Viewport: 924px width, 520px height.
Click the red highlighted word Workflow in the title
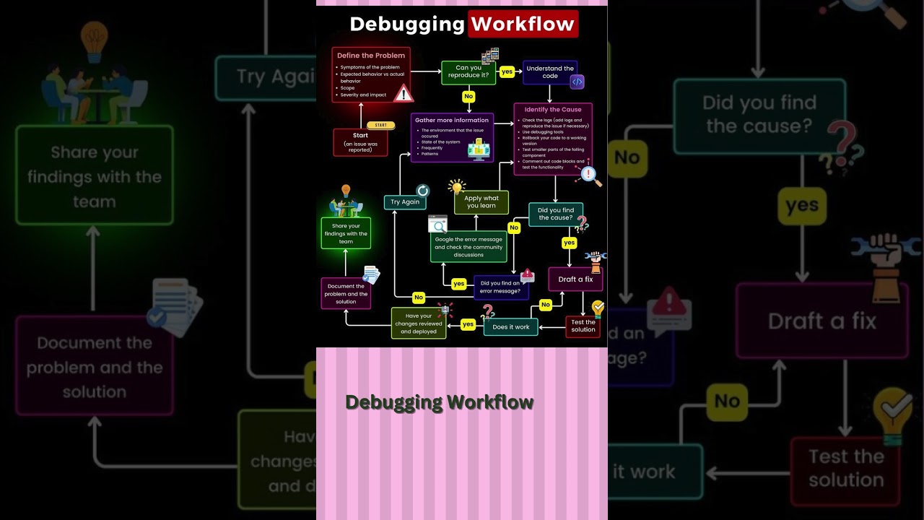(523, 24)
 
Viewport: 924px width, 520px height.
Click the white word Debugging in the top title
(406, 24)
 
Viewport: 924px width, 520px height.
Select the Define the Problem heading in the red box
(371, 56)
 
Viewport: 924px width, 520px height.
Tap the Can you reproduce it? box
(468, 71)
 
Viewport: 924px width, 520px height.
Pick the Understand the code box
(550, 72)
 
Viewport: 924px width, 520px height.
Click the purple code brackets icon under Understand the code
(577, 82)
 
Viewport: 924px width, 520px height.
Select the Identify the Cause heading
(553, 110)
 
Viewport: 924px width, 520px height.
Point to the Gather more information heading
(452, 121)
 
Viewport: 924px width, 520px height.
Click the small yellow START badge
(380, 125)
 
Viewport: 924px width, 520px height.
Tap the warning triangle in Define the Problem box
(403, 93)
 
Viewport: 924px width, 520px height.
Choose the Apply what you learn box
(481, 202)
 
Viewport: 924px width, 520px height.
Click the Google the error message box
(468, 247)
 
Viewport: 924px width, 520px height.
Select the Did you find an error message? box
(500, 287)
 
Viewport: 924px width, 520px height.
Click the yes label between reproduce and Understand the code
(507, 71)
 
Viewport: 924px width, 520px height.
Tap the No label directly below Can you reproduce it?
(468, 96)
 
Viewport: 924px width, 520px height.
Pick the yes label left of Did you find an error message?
(458, 284)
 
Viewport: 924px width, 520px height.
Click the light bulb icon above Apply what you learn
(456, 187)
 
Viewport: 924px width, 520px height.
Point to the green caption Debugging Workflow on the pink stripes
(439, 402)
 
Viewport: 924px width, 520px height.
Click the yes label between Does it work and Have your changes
(468, 324)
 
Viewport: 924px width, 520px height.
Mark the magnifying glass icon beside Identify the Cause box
(590, 175)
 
